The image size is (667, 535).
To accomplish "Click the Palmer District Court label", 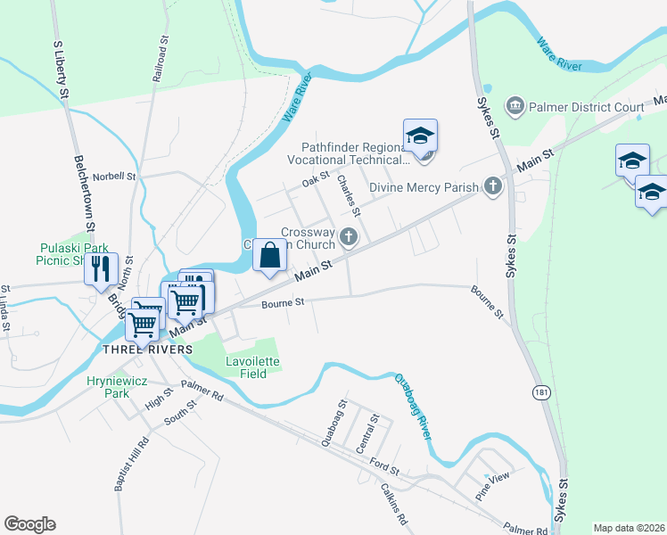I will (586, 108).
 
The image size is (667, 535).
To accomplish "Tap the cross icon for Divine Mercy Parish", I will (492, 186).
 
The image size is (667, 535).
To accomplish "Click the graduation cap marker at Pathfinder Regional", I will (420, 136).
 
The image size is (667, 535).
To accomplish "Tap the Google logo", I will (29, 524).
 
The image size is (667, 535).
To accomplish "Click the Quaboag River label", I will (413, 406).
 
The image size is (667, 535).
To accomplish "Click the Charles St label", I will (348, 195).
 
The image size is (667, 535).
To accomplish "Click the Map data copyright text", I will (628, 528).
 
